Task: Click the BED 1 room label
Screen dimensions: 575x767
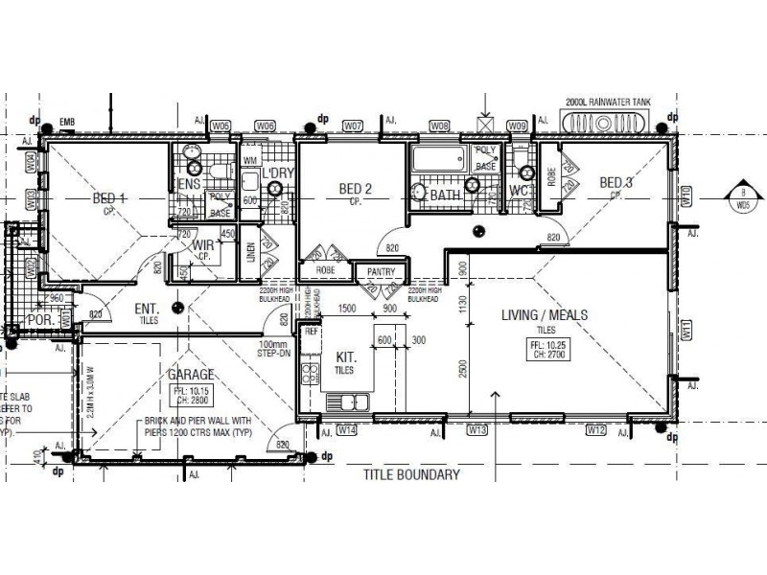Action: pos(109,198)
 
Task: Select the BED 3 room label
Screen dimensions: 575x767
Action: pos(616,183)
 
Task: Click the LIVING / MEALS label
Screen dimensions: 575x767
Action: pos(544,314)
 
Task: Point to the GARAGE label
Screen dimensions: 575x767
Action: pos(192,375)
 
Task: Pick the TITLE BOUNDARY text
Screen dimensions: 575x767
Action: pos(411,474)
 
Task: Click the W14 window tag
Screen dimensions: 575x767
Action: pos(347,431)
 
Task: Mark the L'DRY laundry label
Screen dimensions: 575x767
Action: pos(277,172)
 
